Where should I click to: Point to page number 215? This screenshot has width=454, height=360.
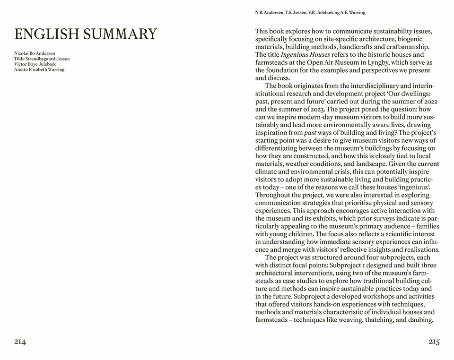(x=434, y=342)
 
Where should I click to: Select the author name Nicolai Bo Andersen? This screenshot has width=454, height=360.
(x=35, y=54)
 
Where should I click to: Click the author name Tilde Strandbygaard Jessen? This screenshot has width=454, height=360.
(x=42, y=59)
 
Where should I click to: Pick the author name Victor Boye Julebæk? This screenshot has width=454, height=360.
(x=35, y=64)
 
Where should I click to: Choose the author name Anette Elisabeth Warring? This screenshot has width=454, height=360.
(x=39, y=69)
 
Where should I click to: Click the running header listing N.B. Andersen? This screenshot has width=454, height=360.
(x=310, y=12)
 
